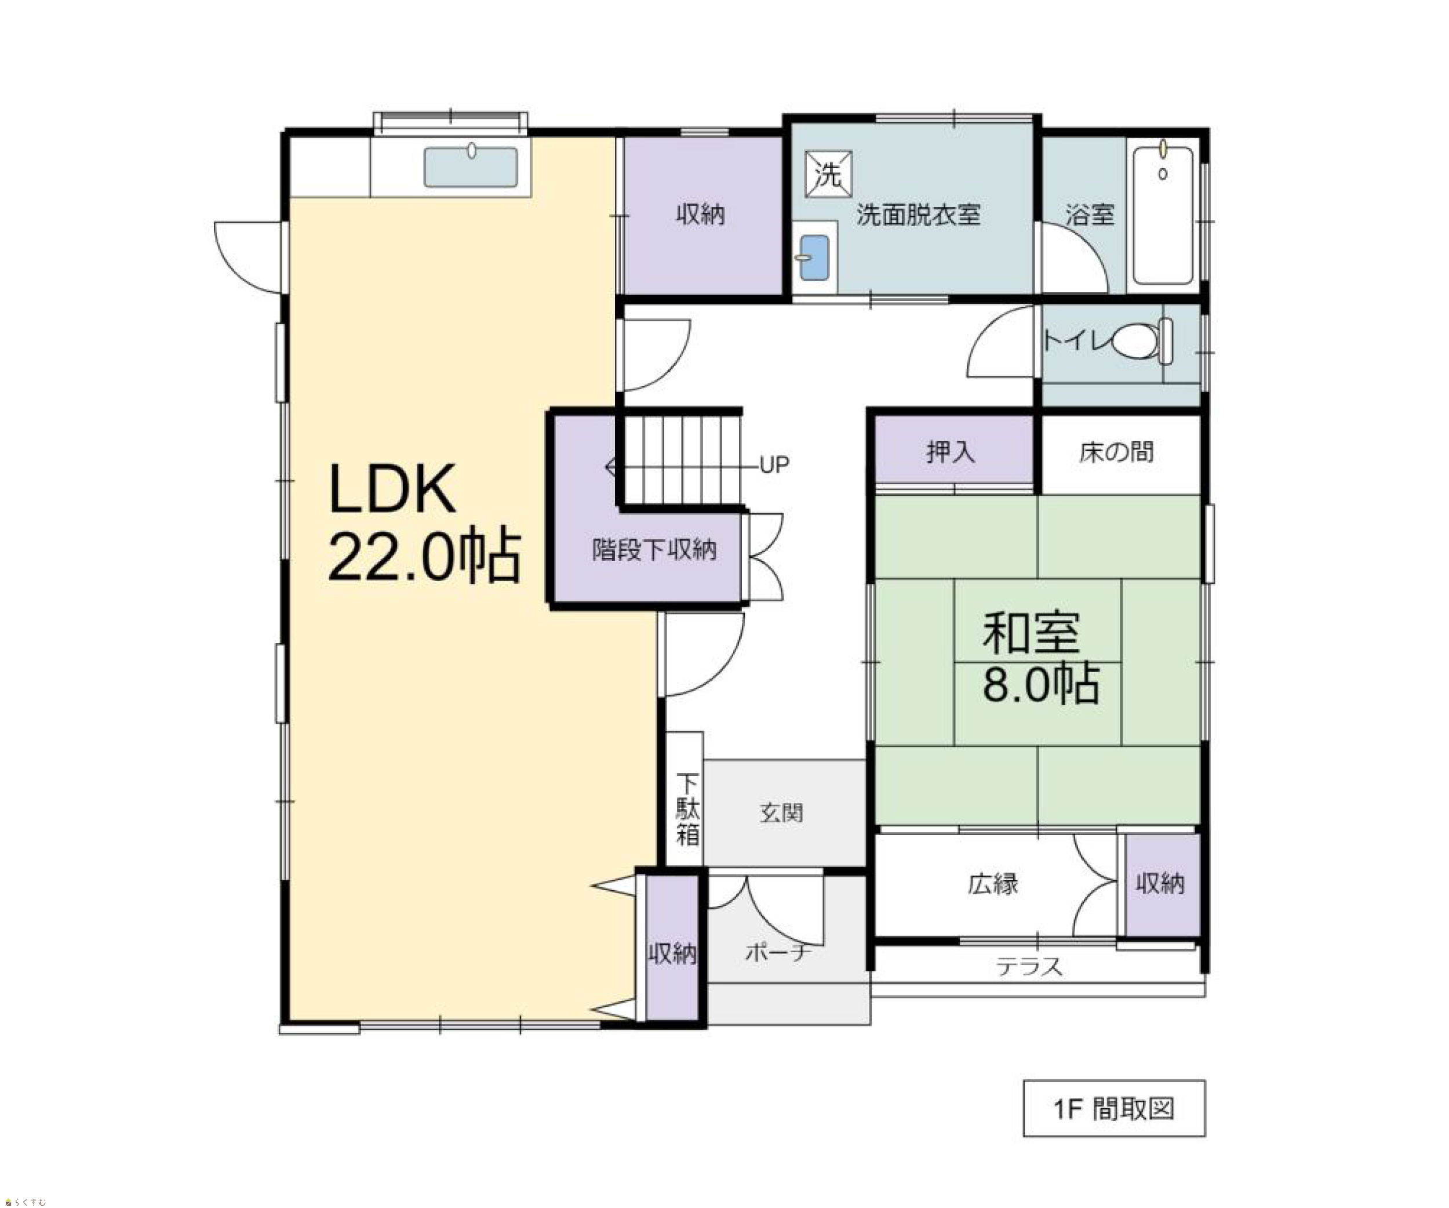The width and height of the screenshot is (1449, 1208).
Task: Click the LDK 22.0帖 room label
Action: click(x=424, y=523)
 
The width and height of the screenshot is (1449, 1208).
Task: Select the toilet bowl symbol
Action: click(x=1142, y=341)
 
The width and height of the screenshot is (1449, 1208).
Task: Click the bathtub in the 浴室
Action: click(x=1163, y=215)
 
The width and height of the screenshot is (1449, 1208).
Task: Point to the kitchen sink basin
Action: click(x=471, y=166)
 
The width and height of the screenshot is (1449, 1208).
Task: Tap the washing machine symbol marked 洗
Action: click(x=828, y=175)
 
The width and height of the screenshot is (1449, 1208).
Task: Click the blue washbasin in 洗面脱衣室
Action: click(x=814, y=258)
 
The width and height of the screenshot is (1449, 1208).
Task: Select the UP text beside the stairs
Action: click(x=774, y=465)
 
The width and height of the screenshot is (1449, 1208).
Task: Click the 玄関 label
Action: click(x=781, y=813)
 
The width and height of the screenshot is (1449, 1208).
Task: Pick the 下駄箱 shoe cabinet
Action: click(x=685, y=799)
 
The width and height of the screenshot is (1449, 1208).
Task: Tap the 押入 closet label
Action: click(x=950, y=452)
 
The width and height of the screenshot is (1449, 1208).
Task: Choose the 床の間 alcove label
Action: click(x=1116, y=452)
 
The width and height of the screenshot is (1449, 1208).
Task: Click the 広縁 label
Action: click(x=993, y=884)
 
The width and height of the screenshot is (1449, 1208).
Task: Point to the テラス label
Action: click(x=1028, y=966)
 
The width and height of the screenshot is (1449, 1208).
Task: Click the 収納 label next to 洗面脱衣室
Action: click(x=700, y=215)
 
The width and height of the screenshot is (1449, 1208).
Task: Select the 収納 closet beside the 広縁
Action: click(x=1163, y=884)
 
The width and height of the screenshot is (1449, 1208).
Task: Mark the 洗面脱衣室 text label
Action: click(x=919, y=215)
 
